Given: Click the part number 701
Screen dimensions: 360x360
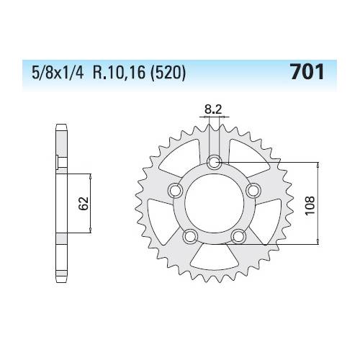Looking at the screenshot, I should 306,72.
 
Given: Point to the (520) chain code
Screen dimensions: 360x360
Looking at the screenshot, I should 171,73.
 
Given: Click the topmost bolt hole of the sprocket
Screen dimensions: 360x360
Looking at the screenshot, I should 213,163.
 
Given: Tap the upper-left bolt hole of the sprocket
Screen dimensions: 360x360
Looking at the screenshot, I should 174,191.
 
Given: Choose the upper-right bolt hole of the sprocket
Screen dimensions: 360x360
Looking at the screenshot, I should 252,191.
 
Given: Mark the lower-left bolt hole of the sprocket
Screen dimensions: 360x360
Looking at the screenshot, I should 189,236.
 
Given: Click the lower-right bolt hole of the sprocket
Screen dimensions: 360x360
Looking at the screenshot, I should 238,236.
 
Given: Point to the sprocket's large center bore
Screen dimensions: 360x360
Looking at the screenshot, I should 213,204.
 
